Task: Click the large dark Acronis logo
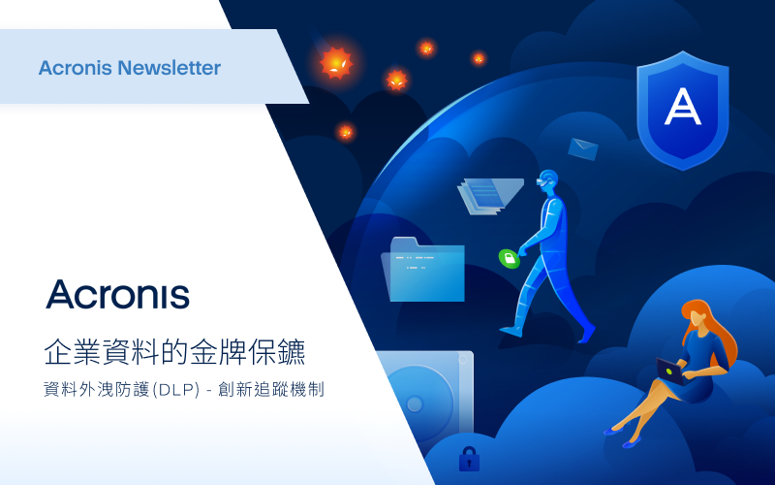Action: click(x=117, y=295)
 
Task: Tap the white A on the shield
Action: click(x=683, y=106)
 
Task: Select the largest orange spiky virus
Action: click(x=336, y=63)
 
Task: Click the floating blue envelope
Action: click(x=583, y=149)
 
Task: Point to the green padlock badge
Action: click(x=510, y=258)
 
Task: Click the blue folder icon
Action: click(x=423, y=270)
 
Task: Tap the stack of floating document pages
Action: click(x=489, y=196)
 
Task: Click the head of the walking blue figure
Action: click(x=547, y=181)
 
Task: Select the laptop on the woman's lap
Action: click(x=670, y=372)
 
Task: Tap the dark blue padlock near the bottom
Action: click(x=469, y=459)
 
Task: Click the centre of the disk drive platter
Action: click(x=415, y=404)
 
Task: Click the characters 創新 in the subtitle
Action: click(x=234, y=390)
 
